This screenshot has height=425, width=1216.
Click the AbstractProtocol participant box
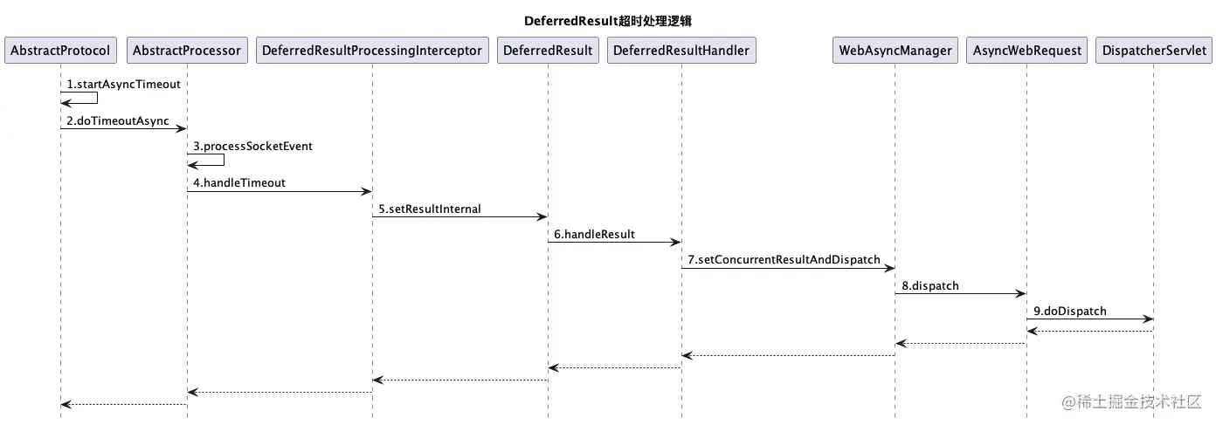(x=60, y=51)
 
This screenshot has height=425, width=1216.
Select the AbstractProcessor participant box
(x=186, y=51)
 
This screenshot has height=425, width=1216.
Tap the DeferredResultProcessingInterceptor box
(x=372, y=51)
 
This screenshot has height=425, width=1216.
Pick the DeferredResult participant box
(x=548, y=51)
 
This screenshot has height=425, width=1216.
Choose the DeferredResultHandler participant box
(x=681, y=51)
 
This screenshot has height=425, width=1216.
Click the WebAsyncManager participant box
(x=895, y=51)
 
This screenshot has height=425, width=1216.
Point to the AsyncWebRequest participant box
(x=1026, y=51)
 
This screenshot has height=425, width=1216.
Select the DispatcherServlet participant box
(x=1153, y=51)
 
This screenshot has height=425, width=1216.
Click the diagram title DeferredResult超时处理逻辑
(x=607, y=20)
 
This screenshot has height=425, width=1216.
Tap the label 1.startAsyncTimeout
(x=123, y=85)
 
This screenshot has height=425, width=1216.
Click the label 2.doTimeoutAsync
(x=118, y=120)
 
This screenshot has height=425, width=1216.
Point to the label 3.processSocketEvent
(x=252, y=147)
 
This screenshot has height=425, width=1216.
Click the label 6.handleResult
(x=594, y=235)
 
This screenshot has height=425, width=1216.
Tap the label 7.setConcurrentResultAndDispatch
(x=784, y=260)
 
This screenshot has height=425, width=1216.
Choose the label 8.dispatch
(x=929, y=285)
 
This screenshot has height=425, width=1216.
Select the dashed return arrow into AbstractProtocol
(x=123, y=404)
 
